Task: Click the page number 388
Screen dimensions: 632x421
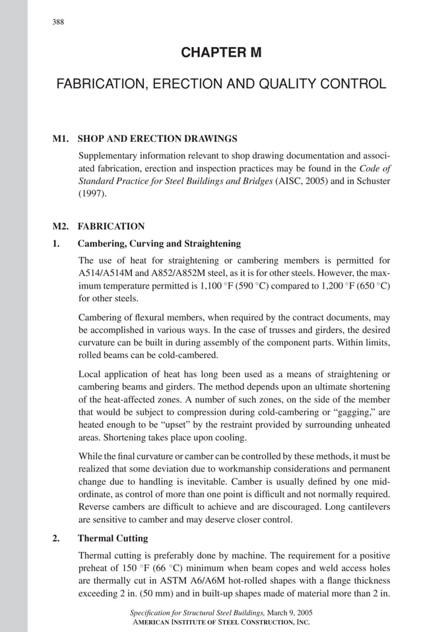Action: [x=58, y=22]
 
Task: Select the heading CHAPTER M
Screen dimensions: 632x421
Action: [x=221, y=53]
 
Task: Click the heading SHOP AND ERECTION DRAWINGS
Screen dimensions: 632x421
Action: [x=157, y=139]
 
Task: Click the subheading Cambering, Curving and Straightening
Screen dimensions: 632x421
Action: [x=159, y=243]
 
